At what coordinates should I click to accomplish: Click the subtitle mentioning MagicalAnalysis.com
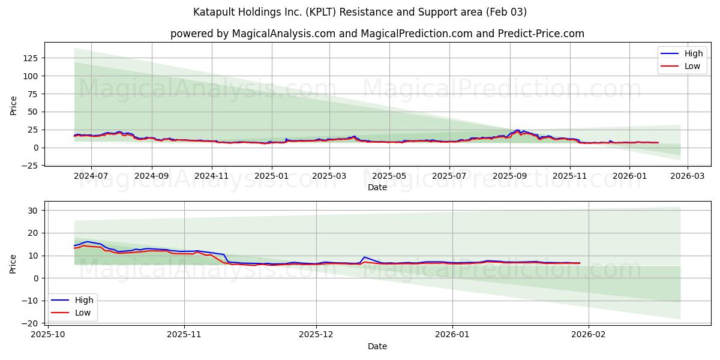377,34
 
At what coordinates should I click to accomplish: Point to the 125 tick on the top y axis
31,58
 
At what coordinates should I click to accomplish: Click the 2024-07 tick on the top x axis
91,176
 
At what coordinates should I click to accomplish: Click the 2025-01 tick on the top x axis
272,176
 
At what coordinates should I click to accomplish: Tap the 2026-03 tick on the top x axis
687,176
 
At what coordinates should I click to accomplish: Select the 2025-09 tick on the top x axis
510,176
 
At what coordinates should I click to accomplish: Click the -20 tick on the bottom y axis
31,323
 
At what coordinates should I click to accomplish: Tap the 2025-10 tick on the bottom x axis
47,334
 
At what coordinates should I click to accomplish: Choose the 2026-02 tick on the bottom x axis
589,334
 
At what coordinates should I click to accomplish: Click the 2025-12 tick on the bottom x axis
316,334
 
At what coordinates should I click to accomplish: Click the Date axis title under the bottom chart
377,346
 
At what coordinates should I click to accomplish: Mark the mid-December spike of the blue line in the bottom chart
364,257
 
